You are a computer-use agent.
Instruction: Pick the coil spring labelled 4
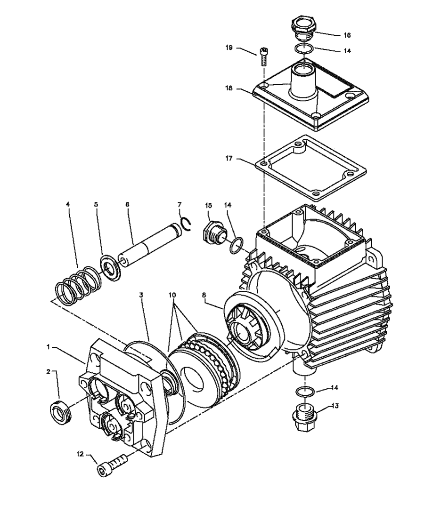(x=78, y=284)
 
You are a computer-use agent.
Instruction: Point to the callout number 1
(x=49, y=346)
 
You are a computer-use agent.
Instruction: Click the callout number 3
(x=140, y=295)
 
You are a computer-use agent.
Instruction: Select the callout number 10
(x=172, y=295)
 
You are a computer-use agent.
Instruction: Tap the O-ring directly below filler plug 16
(x=304, y=48)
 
